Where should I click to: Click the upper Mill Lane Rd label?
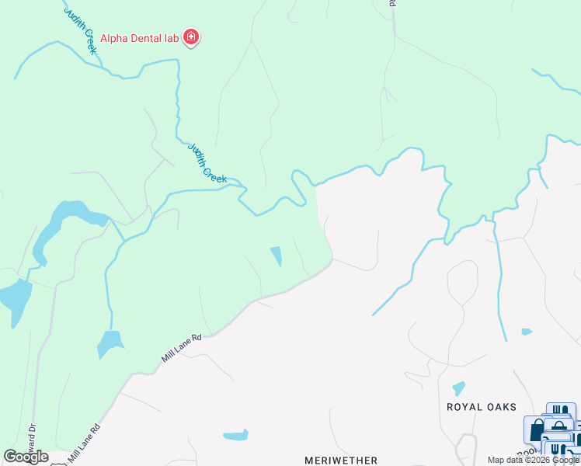[x=182, y=348]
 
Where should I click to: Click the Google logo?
[x=26, y=457]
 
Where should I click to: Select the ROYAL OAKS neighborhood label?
[x=482, y=406]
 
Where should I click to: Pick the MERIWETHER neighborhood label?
[x=340, y=460]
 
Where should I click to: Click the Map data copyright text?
[x=533, y=460]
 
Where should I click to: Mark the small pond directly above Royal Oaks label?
[x=458, y=388]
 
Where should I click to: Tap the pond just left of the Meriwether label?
[x=235, y=435]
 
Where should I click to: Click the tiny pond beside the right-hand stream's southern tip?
[x=527, y=332]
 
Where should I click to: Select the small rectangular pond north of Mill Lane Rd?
[x=276, y=256]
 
